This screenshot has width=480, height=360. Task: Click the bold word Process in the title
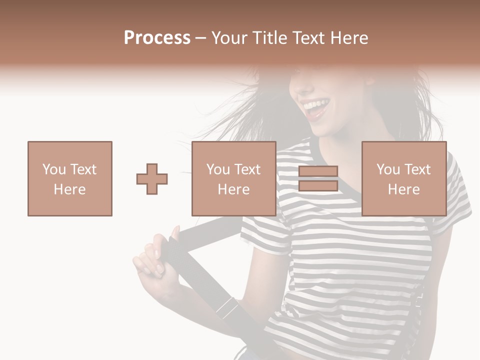click(157, 38)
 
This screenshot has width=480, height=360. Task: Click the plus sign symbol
click(152, 179)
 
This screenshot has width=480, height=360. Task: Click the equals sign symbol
click(318, 178)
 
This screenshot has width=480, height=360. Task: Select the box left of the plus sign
click(70, 178)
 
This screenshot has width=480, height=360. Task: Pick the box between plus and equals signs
click(234, 178)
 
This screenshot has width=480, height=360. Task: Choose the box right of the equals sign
click(404, 178)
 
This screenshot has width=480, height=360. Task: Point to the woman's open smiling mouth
click(317, 107)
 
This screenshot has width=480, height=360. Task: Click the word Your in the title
click(229, 38)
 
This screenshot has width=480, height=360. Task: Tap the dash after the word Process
click(200, 38)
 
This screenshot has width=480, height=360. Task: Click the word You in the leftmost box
click(53, 169)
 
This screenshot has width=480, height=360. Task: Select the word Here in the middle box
click(234, 189)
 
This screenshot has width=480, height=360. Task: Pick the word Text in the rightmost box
click(418, 169)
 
